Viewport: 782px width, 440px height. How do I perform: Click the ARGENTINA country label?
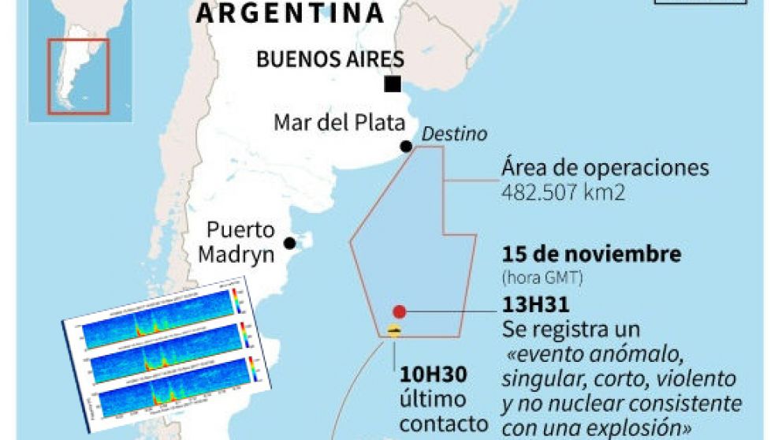point(290,13)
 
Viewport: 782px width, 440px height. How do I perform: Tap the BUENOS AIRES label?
point(331,60)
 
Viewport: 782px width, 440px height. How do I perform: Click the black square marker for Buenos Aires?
point(392,84)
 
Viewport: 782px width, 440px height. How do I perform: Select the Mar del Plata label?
point(340,123)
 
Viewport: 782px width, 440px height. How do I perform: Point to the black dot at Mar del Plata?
point(405,146)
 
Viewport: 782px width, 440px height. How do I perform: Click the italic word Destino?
point(454,134)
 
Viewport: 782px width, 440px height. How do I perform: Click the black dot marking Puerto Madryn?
point(290,242)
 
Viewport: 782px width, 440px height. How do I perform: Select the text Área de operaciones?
point(605,169)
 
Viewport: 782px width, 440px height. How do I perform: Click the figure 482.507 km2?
point(564,192)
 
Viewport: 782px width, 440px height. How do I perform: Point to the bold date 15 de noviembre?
point(591,255)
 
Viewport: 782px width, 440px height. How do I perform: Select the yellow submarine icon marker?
point(394,331)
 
